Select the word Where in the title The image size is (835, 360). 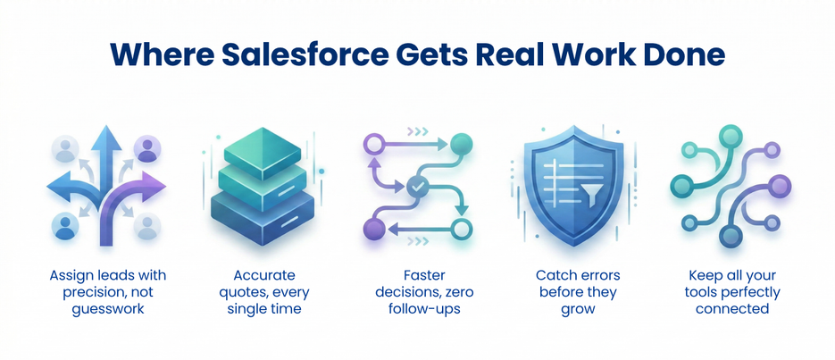153,54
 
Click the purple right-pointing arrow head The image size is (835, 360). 154,187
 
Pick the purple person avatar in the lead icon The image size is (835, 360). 146,149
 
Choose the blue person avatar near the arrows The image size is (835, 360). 65,226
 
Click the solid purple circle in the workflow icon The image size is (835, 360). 373,230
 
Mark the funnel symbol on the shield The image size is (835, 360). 592,196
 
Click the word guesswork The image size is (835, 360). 107,309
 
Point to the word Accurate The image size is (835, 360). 264,276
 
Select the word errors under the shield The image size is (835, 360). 597,276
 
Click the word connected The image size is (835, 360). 733,309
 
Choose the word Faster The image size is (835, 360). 417,276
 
